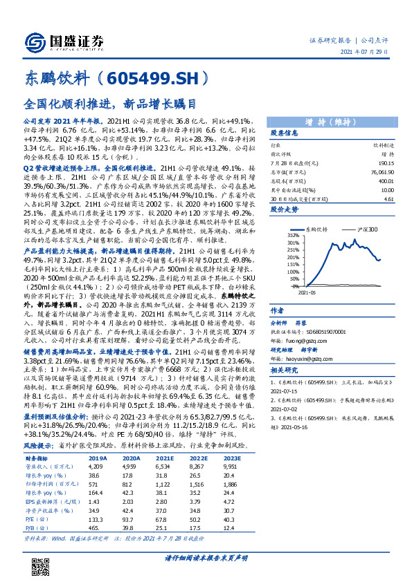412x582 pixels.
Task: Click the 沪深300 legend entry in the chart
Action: click(367, 228)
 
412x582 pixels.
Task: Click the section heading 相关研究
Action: click(285, 371)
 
